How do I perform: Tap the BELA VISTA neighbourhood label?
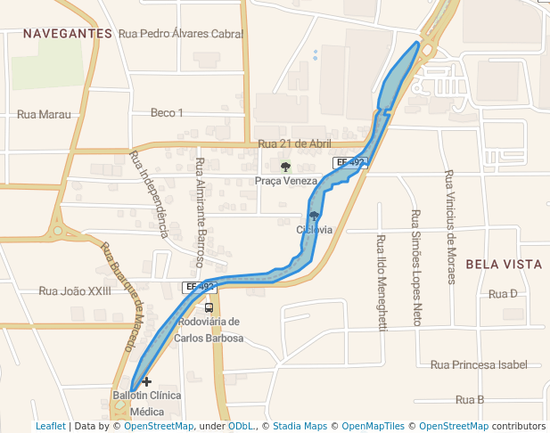[x=504, y=265]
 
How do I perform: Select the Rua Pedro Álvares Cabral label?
[x=180, y=34]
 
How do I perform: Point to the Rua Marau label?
[x=44, y=114]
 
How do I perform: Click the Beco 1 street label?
[x=167, y=112]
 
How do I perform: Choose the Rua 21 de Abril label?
[x=294, y=143]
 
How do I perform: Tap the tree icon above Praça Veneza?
[x=285, y=167]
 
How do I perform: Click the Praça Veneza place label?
[x=285, y=181]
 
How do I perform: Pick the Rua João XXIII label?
[x=75, y=290]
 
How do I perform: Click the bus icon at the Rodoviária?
[x=209, y=307]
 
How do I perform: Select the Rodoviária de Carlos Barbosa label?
[x=209, y=330]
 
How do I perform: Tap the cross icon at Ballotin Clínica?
[x=147, y=381]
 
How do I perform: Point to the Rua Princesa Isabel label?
[x=478, y=364]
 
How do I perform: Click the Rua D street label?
[x=503, y=294]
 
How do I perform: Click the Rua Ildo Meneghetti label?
[x=382, y=283]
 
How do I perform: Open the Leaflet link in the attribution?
[x=50, y=426]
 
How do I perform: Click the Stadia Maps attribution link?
[x=300, y=426]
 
